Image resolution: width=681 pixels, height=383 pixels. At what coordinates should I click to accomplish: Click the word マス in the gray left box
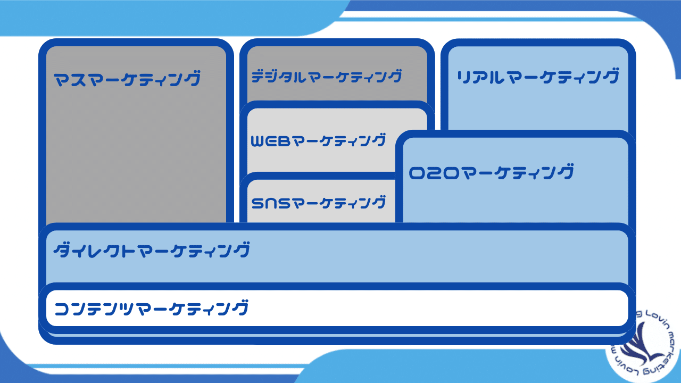coord(71,79)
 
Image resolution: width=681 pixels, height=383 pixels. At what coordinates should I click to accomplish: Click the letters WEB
coord(269,141)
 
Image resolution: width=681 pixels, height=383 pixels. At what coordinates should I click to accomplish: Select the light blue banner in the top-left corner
coord(160,16)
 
